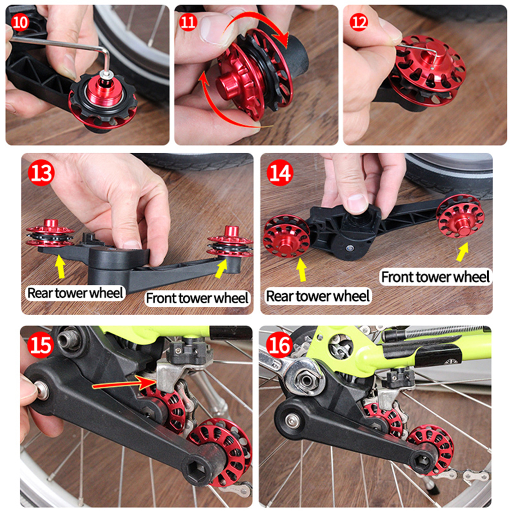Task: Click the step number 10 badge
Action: point(20,22)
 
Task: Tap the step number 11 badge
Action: point(188,22)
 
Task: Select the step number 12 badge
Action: point(359,22)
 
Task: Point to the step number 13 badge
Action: point(41,173)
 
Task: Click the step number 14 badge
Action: point(280,173)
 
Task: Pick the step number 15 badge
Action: point(40,345)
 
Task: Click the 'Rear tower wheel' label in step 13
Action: point(75,293)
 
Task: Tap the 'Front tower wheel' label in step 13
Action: point(197,298)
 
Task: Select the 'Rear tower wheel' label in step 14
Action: point(318,296)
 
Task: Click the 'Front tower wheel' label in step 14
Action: point(435,277)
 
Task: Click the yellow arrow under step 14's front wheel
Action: point(462,252)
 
